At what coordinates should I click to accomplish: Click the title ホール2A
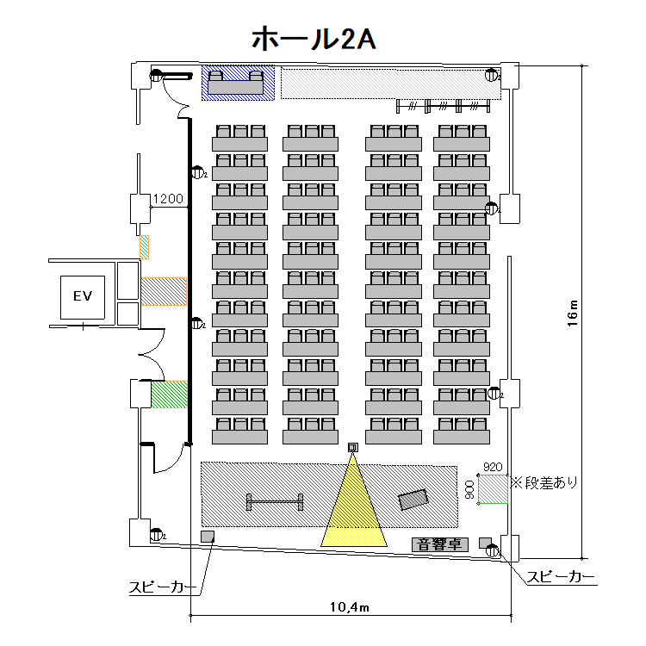[312, 38]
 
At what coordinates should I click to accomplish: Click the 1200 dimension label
[168, 199]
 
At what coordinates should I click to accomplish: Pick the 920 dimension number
[493, 467]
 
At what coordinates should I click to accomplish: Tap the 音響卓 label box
[438, 544]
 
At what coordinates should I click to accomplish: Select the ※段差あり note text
[545, 482]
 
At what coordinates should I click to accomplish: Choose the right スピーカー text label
[560, 576]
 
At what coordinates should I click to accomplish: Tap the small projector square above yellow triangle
[352, 446]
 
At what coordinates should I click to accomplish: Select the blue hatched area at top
[238, 83]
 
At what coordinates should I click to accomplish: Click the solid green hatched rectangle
[169, 395]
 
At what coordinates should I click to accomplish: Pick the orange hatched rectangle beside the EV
[164, 291]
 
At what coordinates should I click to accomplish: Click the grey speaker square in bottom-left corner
[207, 537]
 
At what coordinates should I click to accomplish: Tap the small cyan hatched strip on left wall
[145, 246]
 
